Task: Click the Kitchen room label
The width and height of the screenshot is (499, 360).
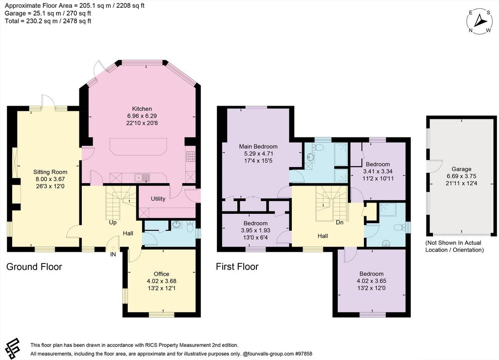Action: [142, 109]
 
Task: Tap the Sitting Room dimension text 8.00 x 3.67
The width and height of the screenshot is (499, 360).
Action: [50, 179]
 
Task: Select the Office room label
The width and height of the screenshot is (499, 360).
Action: [161, 274]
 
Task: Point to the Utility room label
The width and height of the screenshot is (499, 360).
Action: [158, 199]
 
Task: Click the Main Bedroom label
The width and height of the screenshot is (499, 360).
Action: [258, 147]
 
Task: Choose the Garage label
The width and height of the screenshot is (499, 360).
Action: [461, 169]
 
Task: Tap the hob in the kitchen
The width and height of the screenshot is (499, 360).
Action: [191, 156]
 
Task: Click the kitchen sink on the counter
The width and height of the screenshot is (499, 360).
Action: [143, 177]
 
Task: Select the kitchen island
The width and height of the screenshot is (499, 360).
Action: [138, 147]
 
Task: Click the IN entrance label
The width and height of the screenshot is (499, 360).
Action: [113, 254]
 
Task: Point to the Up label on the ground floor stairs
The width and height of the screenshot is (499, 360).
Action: [113, 223]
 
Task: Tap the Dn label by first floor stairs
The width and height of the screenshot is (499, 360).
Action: [340, 222]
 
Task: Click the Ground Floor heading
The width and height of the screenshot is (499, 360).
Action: [34, 266]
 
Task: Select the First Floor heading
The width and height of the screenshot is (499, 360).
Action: [237, 266]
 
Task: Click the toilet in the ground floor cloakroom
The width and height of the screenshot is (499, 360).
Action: [191, 227]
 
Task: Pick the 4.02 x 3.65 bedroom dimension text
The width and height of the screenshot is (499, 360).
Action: [371, 281]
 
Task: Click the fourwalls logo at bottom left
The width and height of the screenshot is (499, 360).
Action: [13, 348]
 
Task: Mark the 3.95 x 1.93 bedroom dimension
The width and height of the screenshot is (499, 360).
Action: [255, 230]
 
